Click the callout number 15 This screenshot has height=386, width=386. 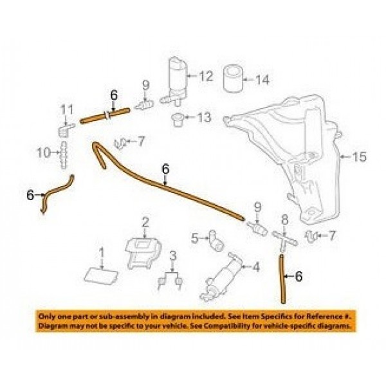pos(359,156)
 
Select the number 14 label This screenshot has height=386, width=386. pos(262,80)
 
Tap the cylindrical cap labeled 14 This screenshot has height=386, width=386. pos(233,78)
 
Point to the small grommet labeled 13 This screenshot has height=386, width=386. pos(177,120)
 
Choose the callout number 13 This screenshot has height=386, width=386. pos(204,117)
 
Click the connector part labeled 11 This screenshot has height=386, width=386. pos(66,130)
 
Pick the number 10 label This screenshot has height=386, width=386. pos(43,153)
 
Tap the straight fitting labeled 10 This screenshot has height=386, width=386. pos(64,155)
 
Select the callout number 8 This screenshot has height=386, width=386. pos(284,220)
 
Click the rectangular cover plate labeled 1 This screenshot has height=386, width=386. pos(101,276)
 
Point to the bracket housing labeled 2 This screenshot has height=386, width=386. pos(143,252)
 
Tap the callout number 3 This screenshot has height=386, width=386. pos(173,256)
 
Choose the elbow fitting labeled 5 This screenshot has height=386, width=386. pos(216,241)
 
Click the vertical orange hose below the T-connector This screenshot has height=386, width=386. pos(282,279)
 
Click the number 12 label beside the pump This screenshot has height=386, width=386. pos(206,76)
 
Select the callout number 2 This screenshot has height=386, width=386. pos(145,223)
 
